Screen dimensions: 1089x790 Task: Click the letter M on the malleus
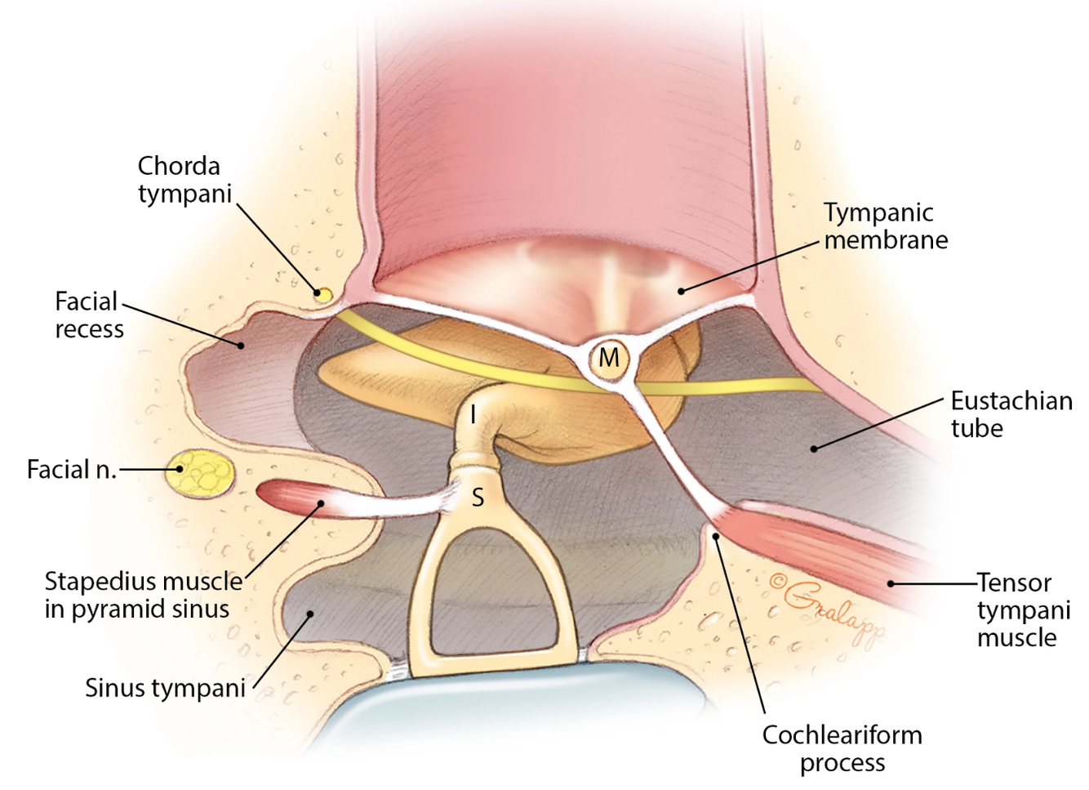coord(609,358)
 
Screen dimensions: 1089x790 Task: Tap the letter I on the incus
coord(473,415)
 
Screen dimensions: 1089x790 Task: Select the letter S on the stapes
coord(478,496)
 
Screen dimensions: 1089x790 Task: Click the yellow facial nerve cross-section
coord(200,473)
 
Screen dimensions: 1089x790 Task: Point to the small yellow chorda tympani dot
coord(324,294)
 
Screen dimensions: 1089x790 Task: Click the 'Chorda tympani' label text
coord(184,180)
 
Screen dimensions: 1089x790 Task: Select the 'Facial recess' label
coord(88,315)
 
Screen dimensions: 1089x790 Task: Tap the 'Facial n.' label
coord(72,470)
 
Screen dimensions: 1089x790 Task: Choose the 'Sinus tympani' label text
coord(165,688)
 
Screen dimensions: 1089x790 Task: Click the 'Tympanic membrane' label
coord(885,226)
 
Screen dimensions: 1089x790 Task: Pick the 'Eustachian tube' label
coord(1011,414)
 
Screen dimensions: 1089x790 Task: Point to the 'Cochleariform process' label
coord(842,748)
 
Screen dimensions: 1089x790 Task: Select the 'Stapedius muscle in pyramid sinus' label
coord(143,595)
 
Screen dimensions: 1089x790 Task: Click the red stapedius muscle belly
coord(290,498)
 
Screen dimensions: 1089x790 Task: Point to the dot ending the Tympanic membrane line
coord(682,290)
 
